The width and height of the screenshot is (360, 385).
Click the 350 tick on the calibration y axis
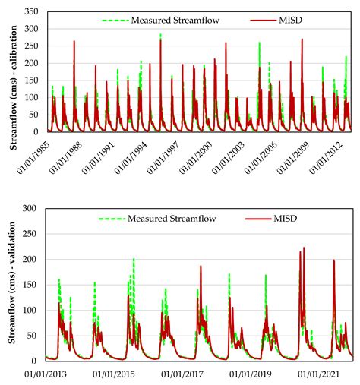[x=33, y=11]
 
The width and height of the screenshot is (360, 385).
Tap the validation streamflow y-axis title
[x=12, y=284]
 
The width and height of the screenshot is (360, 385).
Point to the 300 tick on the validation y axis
[x=33, y=207]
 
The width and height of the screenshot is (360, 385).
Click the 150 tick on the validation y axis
[x=33, y=284]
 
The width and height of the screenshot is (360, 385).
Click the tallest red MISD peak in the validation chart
[x=305, y=248]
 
